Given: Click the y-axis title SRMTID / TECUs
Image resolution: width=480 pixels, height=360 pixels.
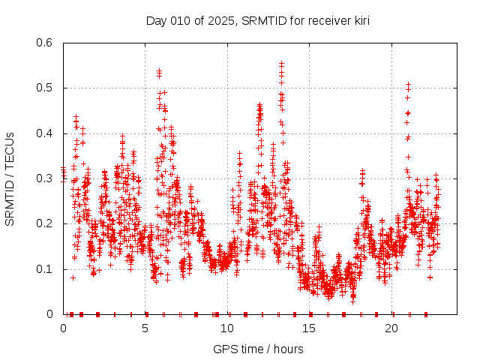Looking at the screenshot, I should (10, 178).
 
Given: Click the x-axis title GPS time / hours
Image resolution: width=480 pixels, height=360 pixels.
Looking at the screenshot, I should (258, 349).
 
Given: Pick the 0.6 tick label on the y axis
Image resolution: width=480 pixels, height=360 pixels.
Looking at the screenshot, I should (46, 43).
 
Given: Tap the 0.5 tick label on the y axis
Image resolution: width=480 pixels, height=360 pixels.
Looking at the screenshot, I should (46, 88).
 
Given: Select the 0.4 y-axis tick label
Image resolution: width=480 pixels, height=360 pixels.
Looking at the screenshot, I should (46, 133).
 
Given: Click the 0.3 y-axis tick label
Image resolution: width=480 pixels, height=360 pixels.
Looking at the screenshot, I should (46, 178).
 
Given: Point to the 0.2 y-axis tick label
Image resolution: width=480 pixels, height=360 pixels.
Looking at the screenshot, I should (46, 223).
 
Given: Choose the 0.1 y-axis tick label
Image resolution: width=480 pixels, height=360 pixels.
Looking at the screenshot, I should (46, 269).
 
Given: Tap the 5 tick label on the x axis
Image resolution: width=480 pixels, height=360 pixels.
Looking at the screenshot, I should (145, 328).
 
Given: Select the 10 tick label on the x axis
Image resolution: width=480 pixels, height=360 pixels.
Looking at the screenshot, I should (227, 328).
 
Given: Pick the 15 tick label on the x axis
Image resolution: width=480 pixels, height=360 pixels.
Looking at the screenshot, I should (310, 328).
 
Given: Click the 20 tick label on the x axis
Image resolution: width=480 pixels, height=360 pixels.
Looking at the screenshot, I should (391, 328).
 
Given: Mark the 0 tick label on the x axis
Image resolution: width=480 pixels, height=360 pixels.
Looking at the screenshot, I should (63, 328).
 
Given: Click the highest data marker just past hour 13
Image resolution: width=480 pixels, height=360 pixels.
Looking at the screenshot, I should (281, 64).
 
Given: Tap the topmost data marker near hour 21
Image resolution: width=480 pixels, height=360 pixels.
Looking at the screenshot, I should (408, 84).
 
